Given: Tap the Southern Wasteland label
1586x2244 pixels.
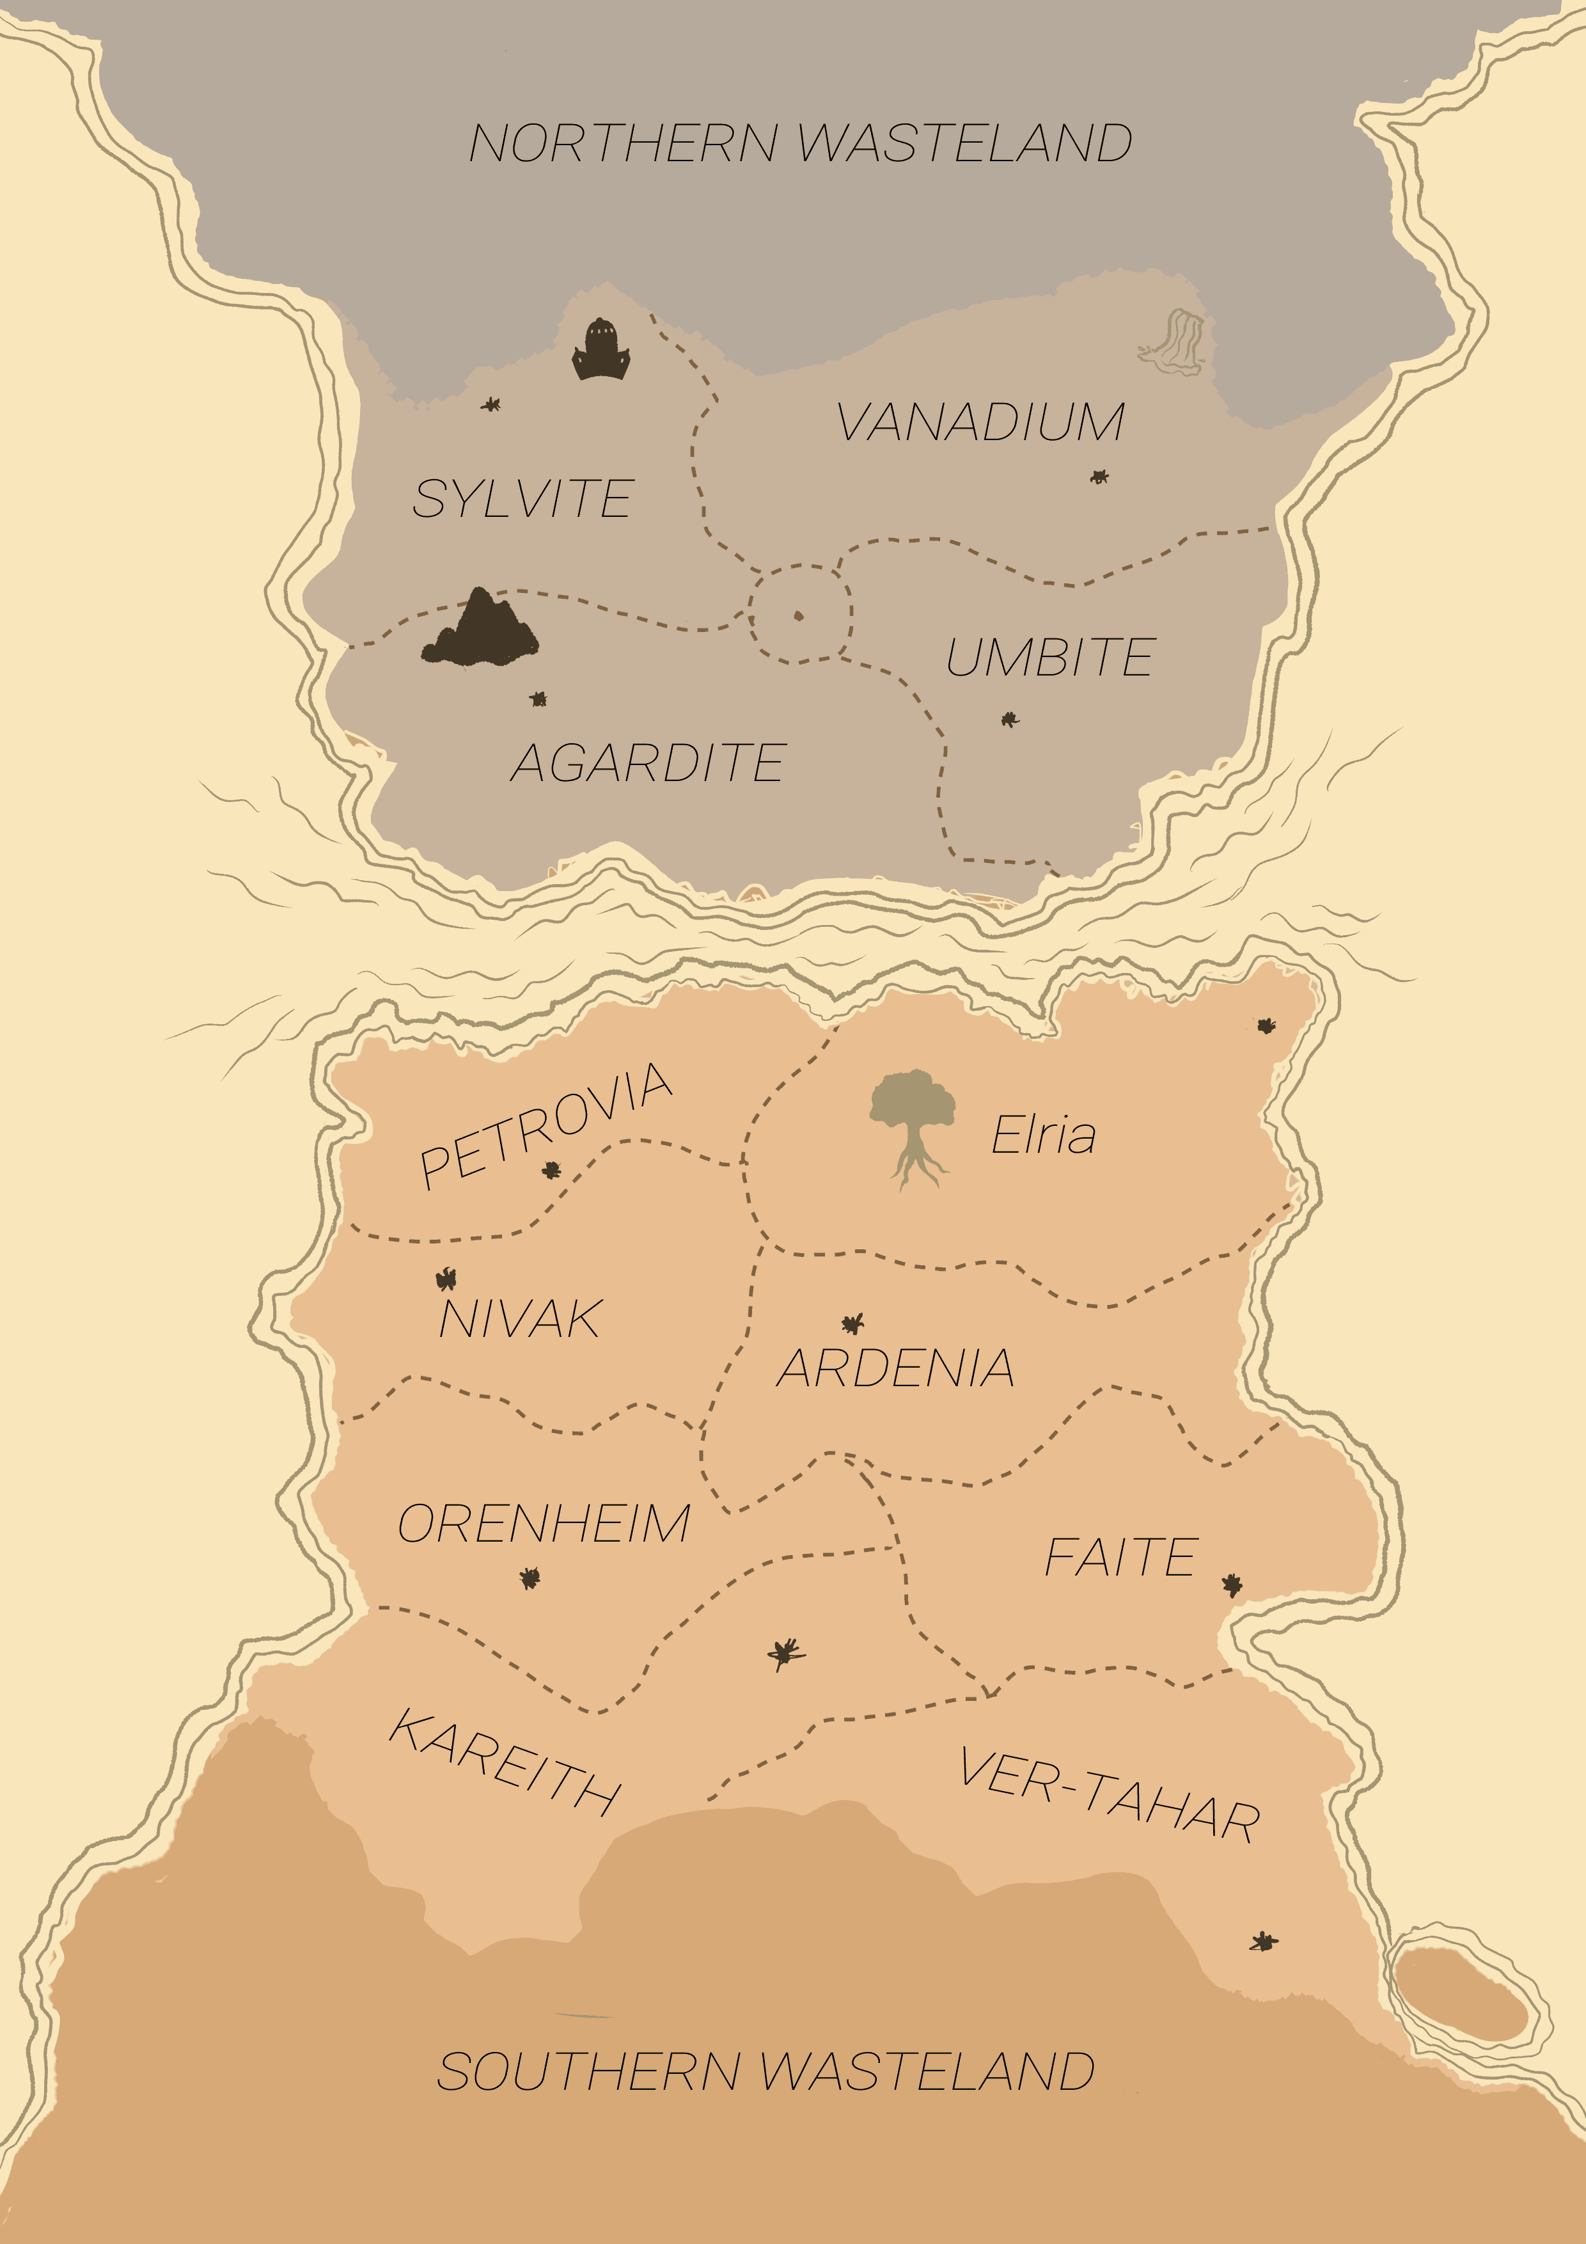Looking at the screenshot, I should [765, 2071].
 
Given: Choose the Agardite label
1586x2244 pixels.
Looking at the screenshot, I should [648, 762].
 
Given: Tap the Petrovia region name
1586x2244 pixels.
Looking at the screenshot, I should [546, 1125].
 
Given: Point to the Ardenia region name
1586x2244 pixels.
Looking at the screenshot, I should [895, 1368].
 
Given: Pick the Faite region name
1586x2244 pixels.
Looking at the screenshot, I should [1121, 1557].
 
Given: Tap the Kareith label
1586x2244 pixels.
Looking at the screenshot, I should [504, 1762].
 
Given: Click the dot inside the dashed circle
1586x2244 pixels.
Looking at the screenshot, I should [798, 616].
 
